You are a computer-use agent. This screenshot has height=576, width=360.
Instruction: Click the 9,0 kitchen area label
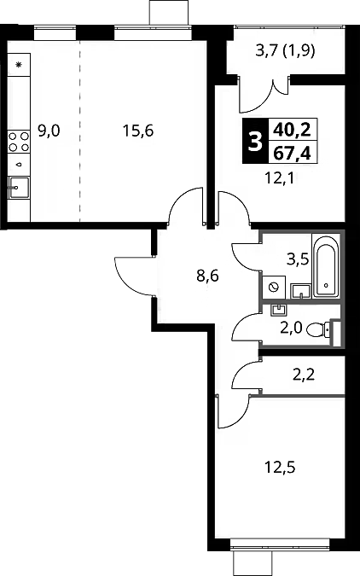click(49, 131)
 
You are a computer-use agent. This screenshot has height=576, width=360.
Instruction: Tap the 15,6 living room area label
click(138, 131)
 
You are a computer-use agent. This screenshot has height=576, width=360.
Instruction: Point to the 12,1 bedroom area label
click(281, 179)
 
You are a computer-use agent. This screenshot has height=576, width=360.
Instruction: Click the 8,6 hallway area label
click(208, 275)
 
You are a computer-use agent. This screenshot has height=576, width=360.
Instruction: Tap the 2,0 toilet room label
click(291, 328)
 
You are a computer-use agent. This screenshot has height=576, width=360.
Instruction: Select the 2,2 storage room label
click(304, 375)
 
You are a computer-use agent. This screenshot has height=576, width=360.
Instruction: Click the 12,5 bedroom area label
click(281, 468)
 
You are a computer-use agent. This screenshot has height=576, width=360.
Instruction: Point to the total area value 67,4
click(293, 153)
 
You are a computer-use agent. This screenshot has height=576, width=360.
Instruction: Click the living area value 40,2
click(293, 130)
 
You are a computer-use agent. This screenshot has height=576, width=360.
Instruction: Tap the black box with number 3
click(255, 142)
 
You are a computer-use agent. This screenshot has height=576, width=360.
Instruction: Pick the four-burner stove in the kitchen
click(19, 142)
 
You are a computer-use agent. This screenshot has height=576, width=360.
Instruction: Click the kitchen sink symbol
click(19, 188)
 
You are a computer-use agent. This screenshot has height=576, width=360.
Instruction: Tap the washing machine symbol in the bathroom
click(274, 287)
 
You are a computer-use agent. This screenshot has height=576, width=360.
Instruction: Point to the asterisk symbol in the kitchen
click(19, 65)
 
